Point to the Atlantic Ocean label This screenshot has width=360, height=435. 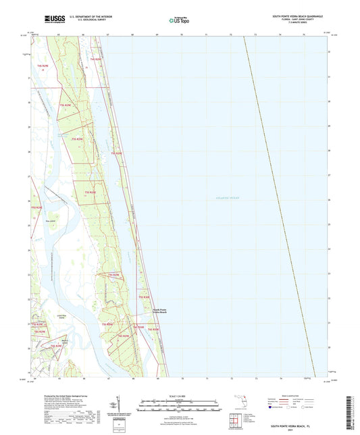[x=226, y=197]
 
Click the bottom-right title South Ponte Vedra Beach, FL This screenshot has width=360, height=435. [x=298, y=427]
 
